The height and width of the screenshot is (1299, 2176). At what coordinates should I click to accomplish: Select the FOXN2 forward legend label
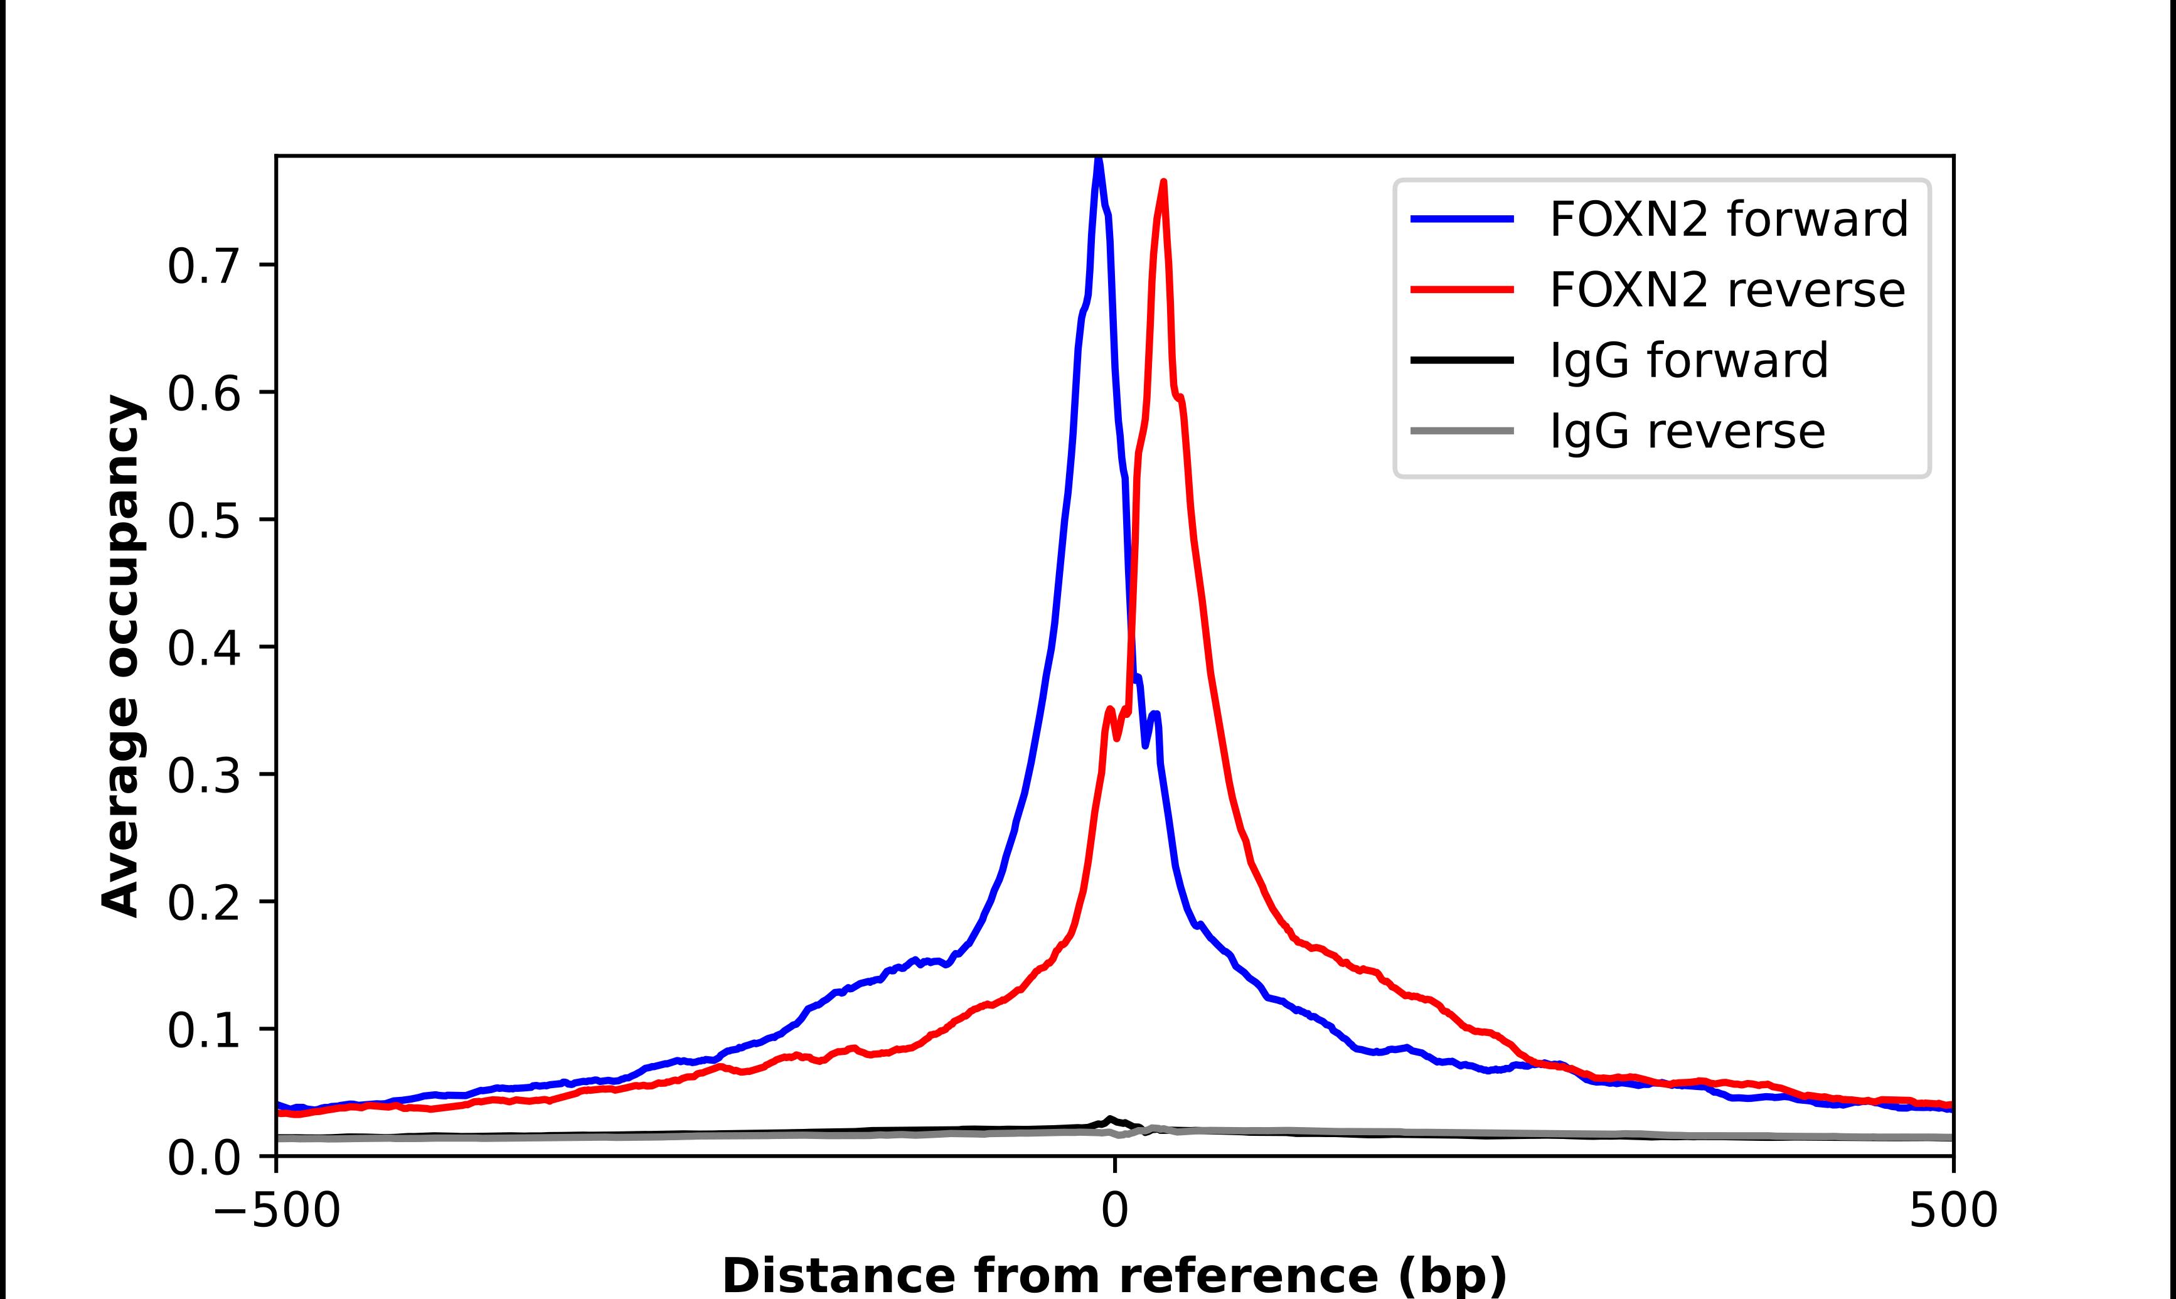click(x=1728, y=219)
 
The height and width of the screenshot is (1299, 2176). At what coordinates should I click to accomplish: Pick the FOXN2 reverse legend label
click(x=1726, y=290)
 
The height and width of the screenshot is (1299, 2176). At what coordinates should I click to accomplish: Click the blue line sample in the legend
click(x=1462, y=219)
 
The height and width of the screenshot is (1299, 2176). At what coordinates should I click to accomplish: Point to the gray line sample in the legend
click(x=1462, y=430)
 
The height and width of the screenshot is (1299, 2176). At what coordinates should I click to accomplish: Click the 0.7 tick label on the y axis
click(x=203, y=266)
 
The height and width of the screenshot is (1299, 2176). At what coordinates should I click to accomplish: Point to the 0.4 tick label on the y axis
click(x=203, y=649)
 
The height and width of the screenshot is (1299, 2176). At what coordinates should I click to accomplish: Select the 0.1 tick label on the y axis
click(x=203, y=1030)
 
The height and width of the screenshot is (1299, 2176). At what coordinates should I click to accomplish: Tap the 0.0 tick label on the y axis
click(x=203, y=1157)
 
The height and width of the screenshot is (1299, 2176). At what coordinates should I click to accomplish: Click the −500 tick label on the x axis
click(x=277, y=1212)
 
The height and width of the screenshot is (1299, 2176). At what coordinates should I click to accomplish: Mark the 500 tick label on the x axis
click(x=1953, y=1212)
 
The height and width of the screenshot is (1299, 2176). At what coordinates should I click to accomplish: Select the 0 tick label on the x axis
click(x=1114, y=1212)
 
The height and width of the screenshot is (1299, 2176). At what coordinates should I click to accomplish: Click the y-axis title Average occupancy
click(x=120, y=656)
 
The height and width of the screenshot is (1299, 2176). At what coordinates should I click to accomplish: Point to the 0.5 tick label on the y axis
click(x=203, y=521)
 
